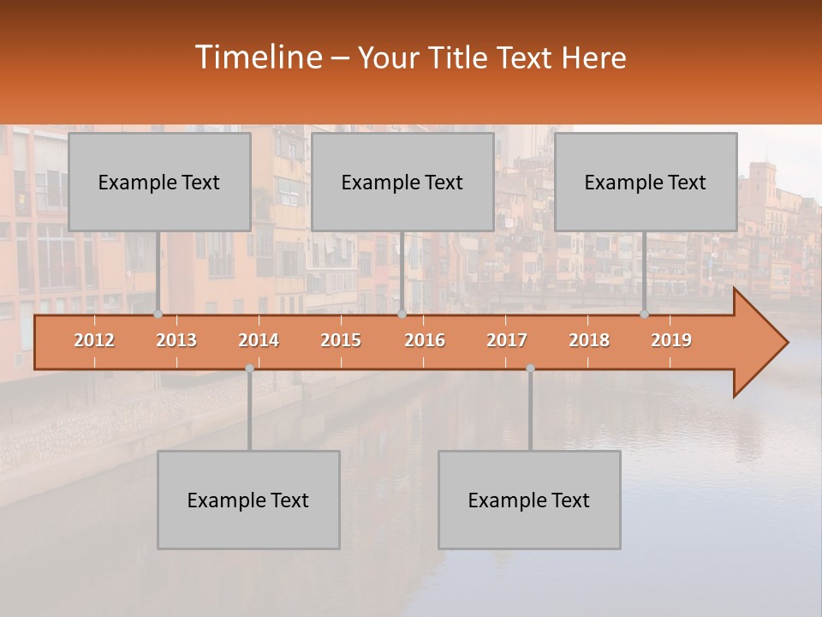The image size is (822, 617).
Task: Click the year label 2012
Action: (94, 340)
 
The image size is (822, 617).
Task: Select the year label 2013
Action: (176, 340)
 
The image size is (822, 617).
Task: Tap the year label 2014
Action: (259, 340)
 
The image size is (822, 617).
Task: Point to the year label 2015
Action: (341, 340)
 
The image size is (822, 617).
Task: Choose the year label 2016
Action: (425, 340)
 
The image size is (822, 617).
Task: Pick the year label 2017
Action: (507, 340)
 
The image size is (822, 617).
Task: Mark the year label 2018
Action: (589, 340)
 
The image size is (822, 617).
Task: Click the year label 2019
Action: (671, 340)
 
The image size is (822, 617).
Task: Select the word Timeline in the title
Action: (257, 57)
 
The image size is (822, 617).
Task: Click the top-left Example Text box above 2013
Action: (159, 182)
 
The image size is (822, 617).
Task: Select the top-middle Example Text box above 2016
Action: (402, 182)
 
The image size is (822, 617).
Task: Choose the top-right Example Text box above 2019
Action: (646, 182)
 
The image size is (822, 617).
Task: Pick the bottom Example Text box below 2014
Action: (248, 500)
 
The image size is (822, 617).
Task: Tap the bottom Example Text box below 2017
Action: (529, 500)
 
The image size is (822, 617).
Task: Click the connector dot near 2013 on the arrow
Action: (158, 314)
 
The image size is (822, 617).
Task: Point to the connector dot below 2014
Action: (249, 368)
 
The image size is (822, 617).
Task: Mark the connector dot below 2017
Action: (530, 368)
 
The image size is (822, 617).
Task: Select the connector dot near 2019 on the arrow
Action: (644, 314)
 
